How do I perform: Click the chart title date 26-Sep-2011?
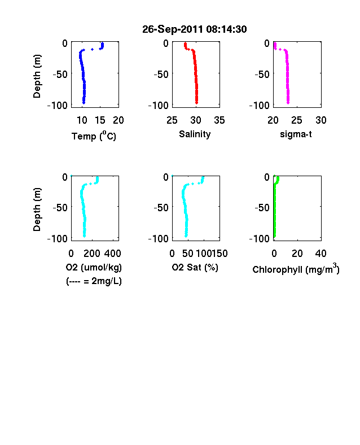click(173, 29)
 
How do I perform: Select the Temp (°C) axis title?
click(94, 136)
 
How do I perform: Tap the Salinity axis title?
click(195, 134)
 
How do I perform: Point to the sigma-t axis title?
click(296, 134)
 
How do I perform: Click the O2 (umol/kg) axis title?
click(94, 267)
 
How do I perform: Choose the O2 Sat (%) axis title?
click(195, 267)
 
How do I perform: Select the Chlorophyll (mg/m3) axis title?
click(296, 269)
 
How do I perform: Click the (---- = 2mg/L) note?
click(94, 281)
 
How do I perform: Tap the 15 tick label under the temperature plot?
click(100, 120)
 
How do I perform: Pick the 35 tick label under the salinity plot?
click(219, 120)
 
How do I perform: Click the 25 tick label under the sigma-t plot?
click(296, 120)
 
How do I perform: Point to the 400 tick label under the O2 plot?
click(113, 254)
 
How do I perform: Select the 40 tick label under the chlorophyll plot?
click(321, 254)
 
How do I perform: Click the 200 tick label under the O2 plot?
click(92, 254)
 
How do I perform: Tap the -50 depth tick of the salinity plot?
click(161, 75)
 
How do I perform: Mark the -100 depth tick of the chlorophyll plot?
click(259, 238)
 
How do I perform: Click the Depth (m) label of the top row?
click(37, 76)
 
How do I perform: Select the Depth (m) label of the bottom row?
click(37, 210)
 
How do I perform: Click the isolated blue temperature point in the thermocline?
click(92, 49)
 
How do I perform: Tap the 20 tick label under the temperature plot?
click(118, 120)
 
